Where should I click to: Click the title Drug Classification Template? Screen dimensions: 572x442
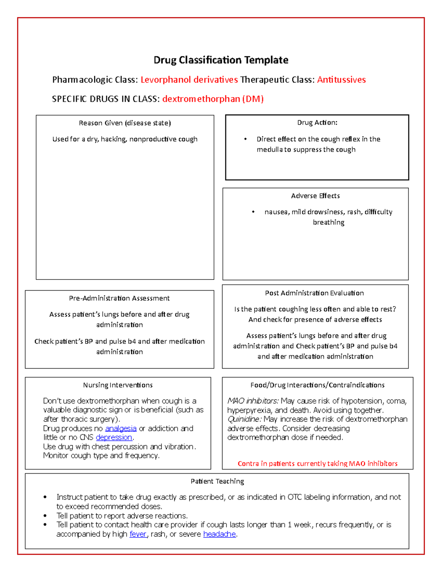(221, 60)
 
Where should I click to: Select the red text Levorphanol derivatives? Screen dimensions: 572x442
(189, 80)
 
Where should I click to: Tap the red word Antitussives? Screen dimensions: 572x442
(341, 80)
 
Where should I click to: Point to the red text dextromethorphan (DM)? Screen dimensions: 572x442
(213, 99)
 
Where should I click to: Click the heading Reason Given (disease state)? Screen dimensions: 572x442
(125, 123)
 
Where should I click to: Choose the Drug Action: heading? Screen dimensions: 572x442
(317, 123)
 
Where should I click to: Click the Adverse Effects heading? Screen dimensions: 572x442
(315, 196)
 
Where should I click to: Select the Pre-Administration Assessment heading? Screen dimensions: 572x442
(119, 298)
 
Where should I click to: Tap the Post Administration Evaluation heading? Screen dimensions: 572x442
(314, 293)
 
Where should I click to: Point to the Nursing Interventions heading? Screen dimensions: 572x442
(118, 385)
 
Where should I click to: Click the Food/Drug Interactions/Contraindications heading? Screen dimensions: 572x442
(317, 385)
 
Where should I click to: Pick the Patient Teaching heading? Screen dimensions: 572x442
(217, 481)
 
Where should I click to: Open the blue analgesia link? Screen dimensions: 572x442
(121, 429)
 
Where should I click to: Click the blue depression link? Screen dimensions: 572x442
(114, 438)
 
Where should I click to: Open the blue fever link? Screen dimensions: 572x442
(138, 534)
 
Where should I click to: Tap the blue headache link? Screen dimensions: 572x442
(219, 534)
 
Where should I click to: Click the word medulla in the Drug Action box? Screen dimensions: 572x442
(269, 150)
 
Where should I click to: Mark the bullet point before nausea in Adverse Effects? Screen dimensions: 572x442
(253, 212)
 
